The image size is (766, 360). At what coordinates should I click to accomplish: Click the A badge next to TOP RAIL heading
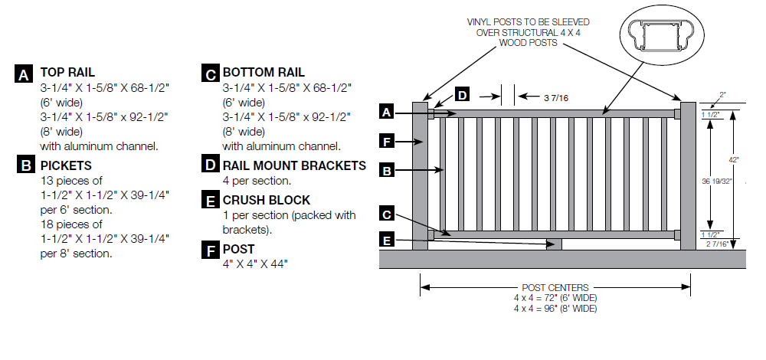25,74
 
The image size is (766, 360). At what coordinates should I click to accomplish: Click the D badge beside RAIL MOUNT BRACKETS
209,165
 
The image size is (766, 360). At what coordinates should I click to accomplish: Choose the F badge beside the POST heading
209,250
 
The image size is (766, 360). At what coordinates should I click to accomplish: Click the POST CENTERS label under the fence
555,287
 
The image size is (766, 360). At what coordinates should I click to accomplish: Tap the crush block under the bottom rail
555,244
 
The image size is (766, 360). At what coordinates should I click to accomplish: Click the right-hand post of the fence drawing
688,175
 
